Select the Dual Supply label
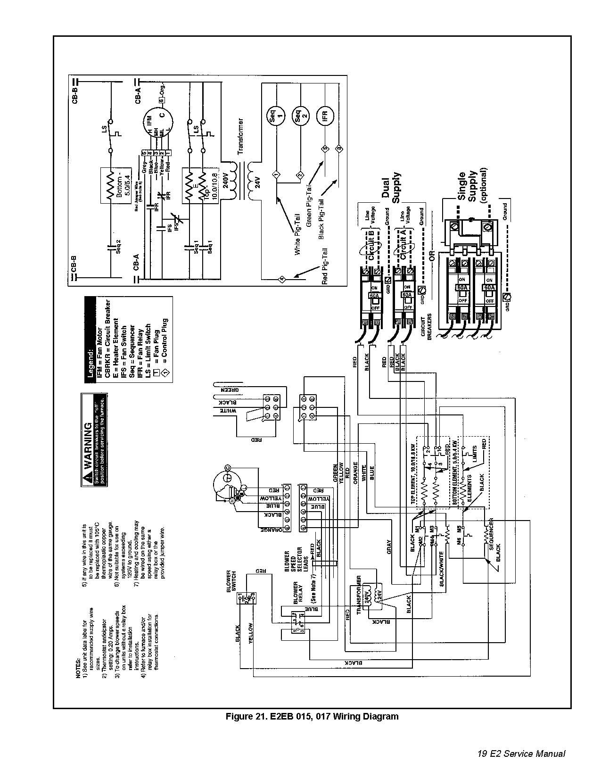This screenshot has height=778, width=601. [x=392, y=188]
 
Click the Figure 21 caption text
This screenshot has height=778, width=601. [x=312, y=716]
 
